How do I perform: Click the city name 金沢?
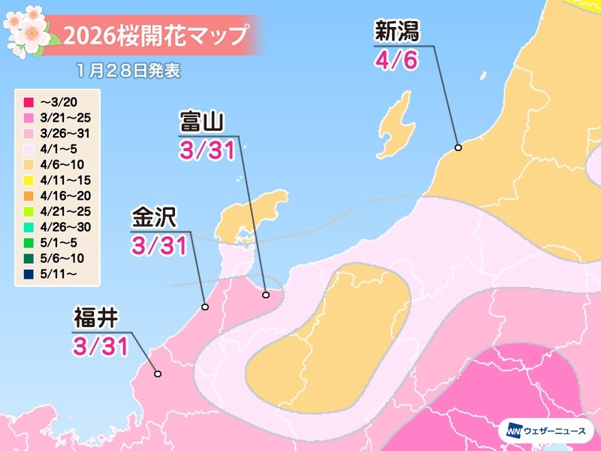153,218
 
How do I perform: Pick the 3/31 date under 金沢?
159,246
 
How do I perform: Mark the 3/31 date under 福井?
100,345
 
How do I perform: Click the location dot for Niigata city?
458,147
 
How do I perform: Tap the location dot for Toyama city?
265,295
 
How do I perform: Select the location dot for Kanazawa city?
205,307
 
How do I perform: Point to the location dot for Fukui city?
157,374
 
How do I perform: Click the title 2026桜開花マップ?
155,35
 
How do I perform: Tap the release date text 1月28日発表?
128,71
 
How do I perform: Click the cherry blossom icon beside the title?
29,30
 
